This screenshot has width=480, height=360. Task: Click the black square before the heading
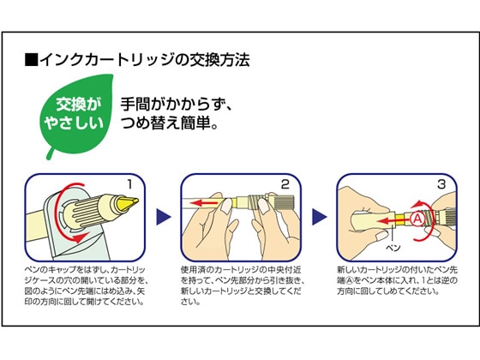point(31,60)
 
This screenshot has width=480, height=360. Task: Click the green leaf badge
point(75,115)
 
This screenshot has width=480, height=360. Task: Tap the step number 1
point(129,184)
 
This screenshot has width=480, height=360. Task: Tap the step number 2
point(285,184)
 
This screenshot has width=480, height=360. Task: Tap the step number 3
point(441,184)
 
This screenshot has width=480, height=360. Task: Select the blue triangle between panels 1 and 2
point(164,217)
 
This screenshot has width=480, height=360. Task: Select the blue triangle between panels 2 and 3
point(319,217)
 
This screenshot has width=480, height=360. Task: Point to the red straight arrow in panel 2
point(207,202)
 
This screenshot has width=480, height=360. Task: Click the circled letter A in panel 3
point(417,219)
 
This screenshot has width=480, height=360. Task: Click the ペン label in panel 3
point(393,248)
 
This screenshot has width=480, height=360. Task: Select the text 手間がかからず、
point(177,104)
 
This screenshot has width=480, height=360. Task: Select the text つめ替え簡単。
point(170,123)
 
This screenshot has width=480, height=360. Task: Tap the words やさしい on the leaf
point(74,123)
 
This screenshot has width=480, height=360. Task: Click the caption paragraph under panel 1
point(86,285)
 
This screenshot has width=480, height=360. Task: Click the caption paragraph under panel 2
point(242,285)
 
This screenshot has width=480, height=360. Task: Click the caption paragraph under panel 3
point(398,280)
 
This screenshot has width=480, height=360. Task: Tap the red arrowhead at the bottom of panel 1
point(83,237)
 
